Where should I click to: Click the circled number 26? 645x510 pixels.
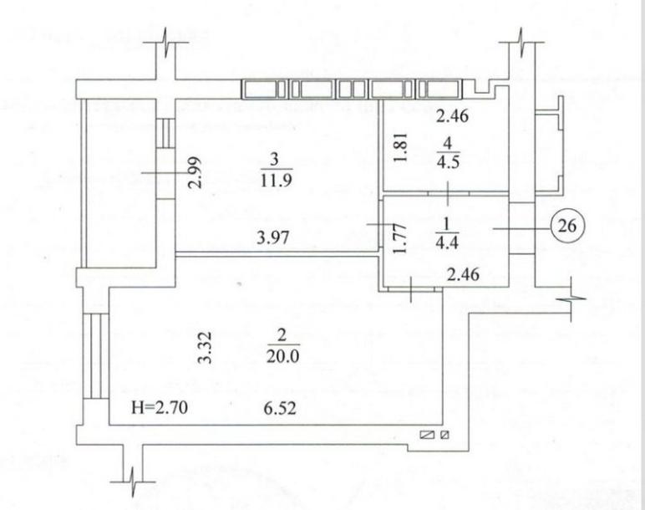[566, 226]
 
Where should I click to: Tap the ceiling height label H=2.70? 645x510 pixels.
[160, 407]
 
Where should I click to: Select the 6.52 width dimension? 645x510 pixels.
[281, 408]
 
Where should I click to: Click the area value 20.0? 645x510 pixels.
[282, 355]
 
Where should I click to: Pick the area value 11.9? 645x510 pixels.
[277, 180]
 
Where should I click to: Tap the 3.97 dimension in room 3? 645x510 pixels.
[273, 237]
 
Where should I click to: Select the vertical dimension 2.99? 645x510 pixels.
[195, 172]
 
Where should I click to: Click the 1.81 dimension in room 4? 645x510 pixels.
[401, 147]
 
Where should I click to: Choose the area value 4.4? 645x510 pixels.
[448, 242]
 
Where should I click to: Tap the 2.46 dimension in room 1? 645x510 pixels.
[463, 273]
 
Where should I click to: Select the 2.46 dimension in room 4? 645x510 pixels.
[453, 116]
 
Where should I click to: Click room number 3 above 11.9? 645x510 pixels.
[275, 160]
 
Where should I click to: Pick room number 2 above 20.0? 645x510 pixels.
[282, 335]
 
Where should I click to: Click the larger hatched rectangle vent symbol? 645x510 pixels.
[428, 435]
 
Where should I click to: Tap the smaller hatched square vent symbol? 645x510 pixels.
[444, 435]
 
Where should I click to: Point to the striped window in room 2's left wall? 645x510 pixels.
[96, 356]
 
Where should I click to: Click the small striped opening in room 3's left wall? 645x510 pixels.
[165, 134]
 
